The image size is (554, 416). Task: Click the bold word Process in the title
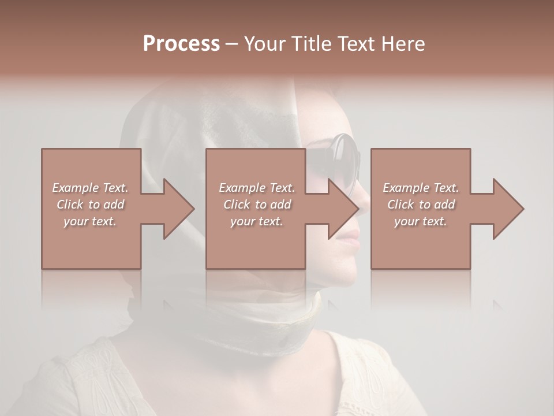pos(181,43)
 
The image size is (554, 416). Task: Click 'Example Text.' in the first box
pos(90,188)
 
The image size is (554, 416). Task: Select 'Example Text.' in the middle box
pos(256,188)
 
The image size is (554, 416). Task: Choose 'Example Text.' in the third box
pos(421,188)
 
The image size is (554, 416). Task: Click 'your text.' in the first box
pos(90,221)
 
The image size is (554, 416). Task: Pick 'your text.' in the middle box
pos(256,221)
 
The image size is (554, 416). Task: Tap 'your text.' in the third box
pos(421,221)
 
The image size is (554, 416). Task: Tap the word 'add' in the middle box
pos(280,205)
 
